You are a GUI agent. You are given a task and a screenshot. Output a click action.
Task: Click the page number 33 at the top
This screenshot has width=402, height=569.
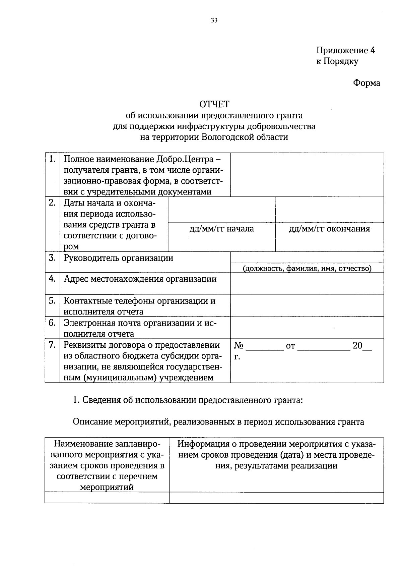(x=214, y=21)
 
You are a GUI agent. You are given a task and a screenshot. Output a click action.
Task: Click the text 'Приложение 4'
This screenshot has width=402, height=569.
(x=345, y=50)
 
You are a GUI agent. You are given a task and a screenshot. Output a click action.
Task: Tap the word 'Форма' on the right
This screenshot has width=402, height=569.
(x=366, y=83)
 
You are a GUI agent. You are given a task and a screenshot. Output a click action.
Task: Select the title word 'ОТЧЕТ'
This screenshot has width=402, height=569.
(x=214, y=104)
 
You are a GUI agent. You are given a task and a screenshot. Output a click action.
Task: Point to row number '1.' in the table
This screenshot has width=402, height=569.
(x=52, y=159)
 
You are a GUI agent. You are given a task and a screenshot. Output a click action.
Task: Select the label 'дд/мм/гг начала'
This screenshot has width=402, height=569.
(x=221, y=229)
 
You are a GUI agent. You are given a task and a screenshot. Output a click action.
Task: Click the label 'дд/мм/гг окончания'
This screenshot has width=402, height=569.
(x=329, y=229)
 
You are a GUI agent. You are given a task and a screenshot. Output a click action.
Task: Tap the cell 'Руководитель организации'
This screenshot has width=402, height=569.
(x=119, y=258)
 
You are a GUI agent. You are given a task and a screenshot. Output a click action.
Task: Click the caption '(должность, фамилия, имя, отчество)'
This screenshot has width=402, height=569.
(x=307, y=269)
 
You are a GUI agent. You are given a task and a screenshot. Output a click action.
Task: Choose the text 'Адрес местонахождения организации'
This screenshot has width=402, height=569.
(x=140, y=279)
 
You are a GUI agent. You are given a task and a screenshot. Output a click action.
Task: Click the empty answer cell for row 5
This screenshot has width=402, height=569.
(x=307, y=306)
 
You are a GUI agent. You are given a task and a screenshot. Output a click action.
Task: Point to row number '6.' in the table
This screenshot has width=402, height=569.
(x=52, y=323)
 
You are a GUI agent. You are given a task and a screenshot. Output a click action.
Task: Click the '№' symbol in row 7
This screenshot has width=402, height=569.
(x=239, y=346)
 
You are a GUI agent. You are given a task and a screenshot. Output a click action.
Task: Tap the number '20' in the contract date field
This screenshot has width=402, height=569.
(x=357, y=346)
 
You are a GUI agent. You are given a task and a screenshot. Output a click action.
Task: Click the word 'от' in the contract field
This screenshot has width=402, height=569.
(x=290, y=346)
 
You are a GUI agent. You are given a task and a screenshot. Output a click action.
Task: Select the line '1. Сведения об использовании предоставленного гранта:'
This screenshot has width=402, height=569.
(x=188, y=400)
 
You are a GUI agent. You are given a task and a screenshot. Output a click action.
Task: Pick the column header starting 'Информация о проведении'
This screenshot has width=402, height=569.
(x=276, y=455)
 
